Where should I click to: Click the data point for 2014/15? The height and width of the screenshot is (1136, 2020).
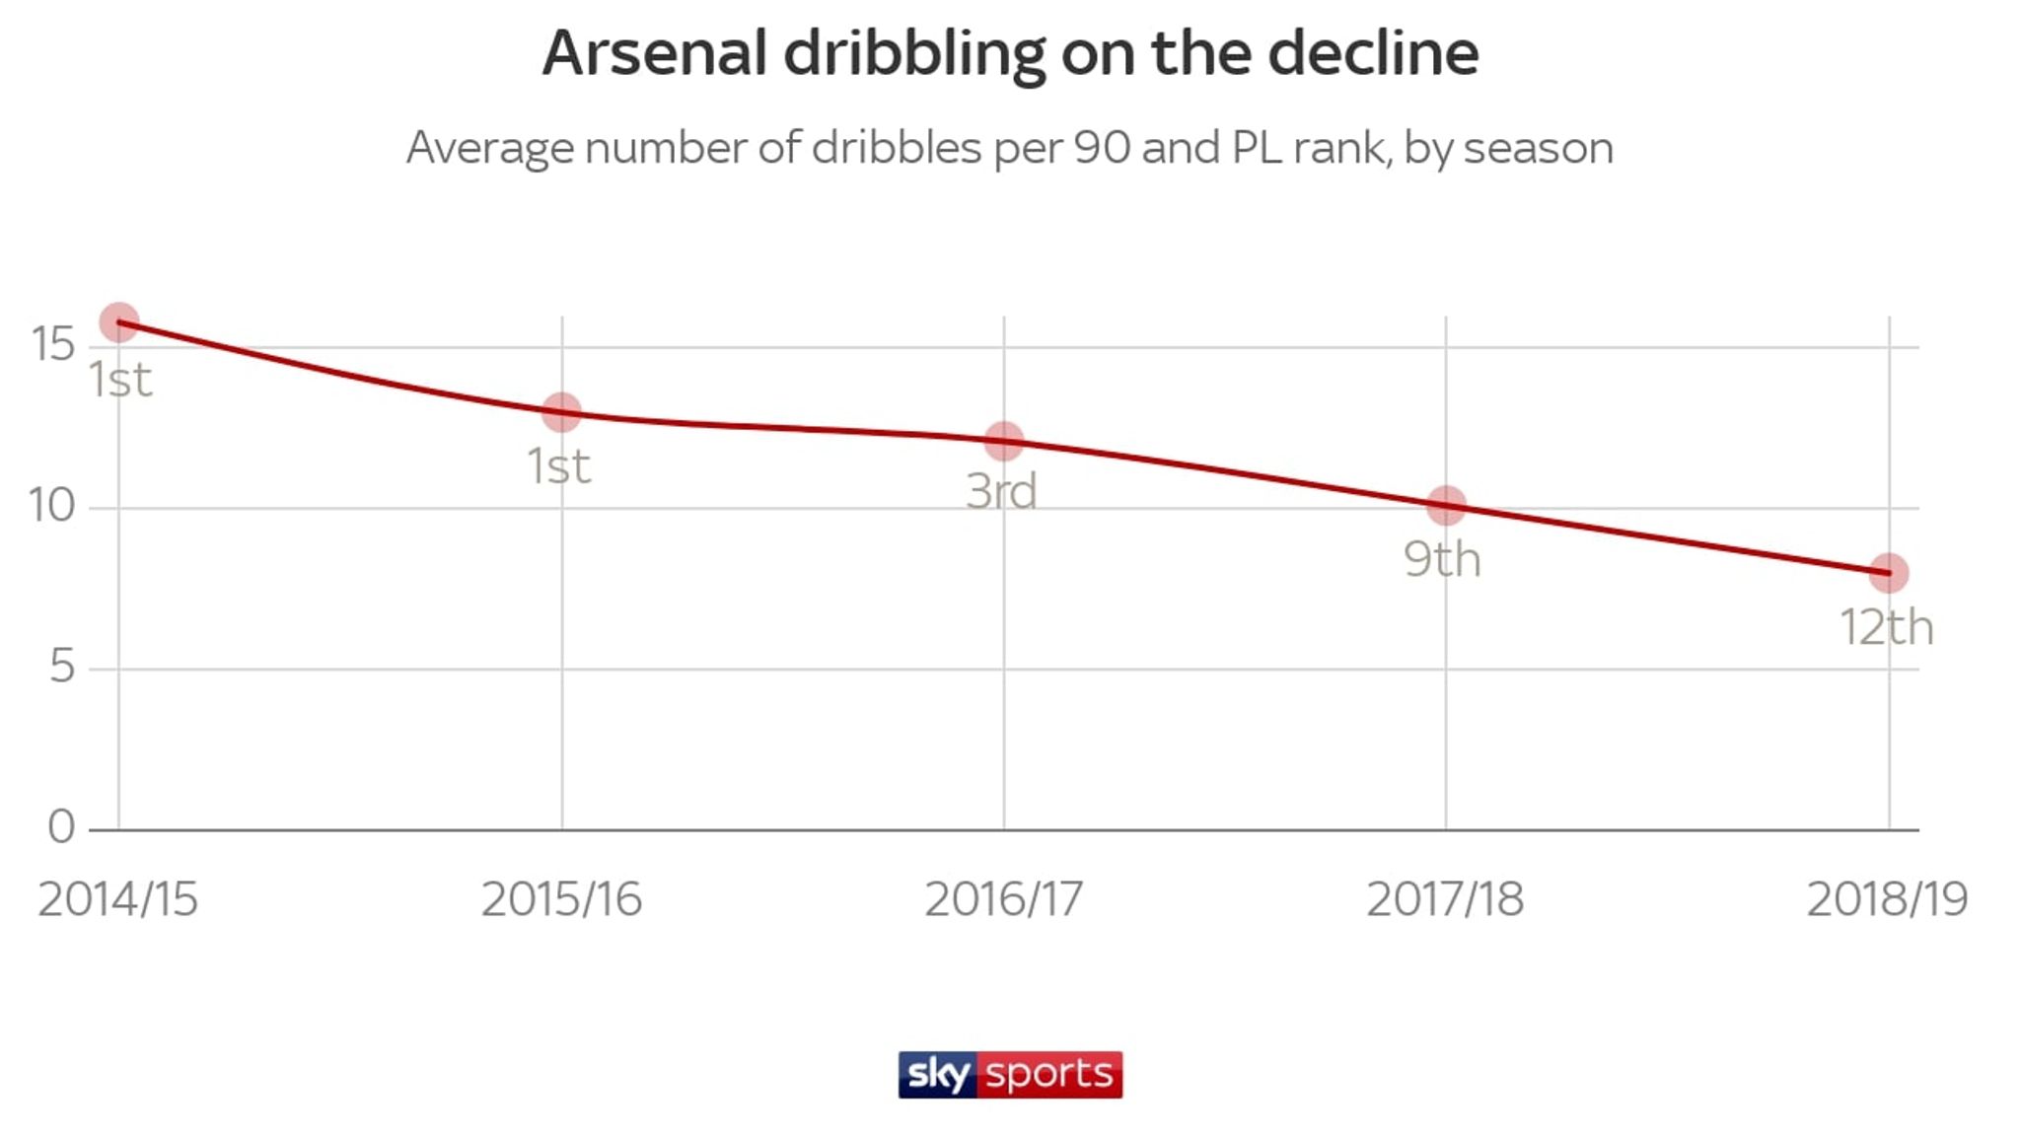point(119,322)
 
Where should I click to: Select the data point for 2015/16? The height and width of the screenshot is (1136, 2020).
point(561,412)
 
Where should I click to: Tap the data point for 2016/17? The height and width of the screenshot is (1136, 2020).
point(1004,441)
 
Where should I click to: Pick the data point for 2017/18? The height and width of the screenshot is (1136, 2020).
point(1446,506)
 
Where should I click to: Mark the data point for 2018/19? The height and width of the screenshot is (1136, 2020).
point(1889,573)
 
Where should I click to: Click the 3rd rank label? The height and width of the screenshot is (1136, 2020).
point(1001,491)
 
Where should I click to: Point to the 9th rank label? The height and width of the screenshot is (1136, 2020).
point(1442,559)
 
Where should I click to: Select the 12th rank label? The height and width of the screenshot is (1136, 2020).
point(1886,627)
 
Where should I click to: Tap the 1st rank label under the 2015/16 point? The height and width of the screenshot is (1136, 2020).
point(559,465)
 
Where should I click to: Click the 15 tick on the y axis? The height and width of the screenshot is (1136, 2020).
point(53,344)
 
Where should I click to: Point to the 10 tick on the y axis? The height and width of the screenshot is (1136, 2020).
point(52,506)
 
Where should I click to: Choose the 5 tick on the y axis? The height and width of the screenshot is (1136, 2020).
point(61,668)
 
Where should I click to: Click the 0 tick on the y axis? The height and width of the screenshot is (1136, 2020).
point(61,827)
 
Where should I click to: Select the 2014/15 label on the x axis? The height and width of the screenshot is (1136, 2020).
point(118,898)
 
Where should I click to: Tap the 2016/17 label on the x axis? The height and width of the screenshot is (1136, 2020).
point(1003,898)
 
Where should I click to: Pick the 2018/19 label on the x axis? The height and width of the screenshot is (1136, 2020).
point(1887,898)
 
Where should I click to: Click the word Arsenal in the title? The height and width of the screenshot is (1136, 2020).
point(655,53)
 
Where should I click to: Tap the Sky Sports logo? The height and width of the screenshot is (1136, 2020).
point(1010,1074)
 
